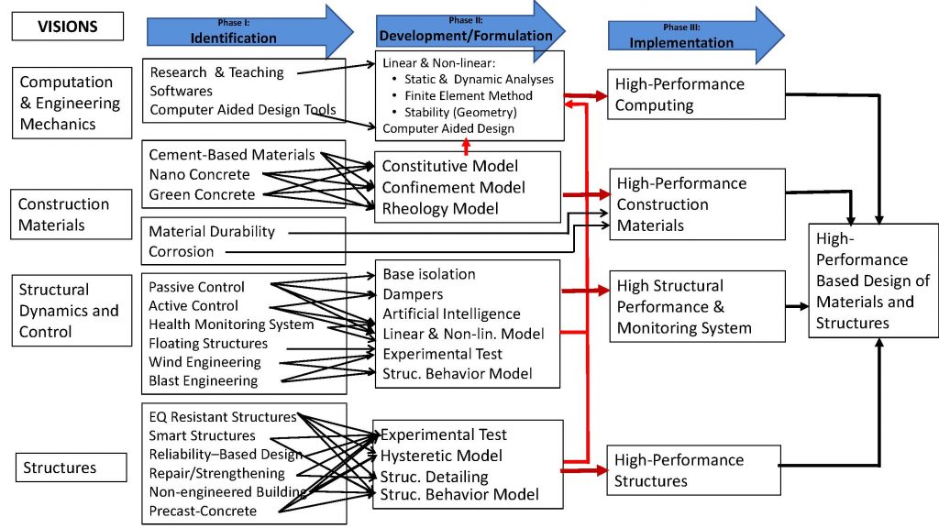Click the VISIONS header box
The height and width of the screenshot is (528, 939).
[x=67, y=26]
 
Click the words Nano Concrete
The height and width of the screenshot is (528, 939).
[x=199, y=175]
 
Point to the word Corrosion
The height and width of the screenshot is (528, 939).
[x=182, y=251]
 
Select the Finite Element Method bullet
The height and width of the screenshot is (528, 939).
[x=468, y=95]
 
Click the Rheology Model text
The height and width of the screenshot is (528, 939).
[x=440, y=208]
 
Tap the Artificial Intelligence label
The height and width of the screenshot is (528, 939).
[x=451, y=314]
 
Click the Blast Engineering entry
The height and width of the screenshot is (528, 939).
[x=203, y=380]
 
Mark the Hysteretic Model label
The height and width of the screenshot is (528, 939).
[x=442, y=456]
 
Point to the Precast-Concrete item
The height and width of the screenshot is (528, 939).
[x=203, y=511]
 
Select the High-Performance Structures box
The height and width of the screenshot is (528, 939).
[x=693, y=470]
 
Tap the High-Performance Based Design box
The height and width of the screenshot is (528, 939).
[x=872, y=280]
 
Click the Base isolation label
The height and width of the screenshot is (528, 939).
[x=429, y=274]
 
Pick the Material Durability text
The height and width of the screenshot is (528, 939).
[x=211, y=232]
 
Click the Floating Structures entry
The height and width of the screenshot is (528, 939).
[x=208, y=343]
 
